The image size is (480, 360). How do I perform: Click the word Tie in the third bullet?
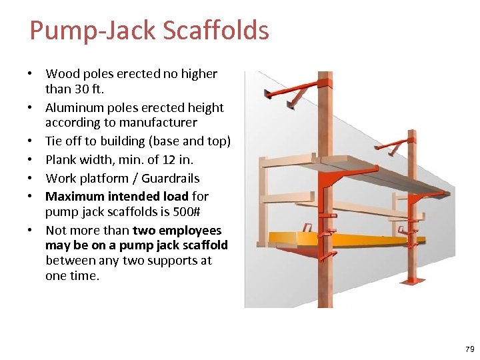[x=54, y=141]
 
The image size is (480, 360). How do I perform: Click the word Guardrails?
[x=170, y=179]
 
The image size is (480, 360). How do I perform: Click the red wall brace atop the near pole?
[x=293, y=89]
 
